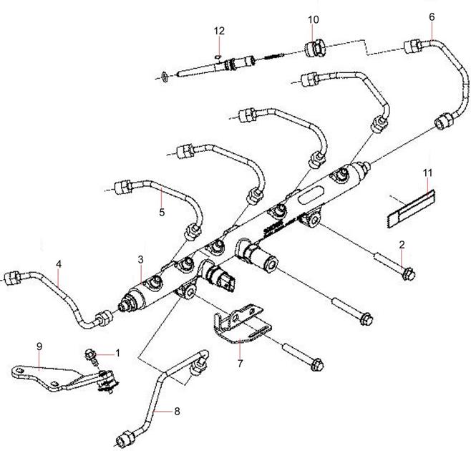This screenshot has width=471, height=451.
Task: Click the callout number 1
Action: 118,353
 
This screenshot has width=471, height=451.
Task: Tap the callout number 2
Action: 402,245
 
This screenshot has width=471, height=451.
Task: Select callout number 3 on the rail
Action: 142,258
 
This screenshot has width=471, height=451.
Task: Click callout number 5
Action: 162,212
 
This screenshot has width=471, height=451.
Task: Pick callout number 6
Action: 432,16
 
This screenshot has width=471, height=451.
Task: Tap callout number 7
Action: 240,364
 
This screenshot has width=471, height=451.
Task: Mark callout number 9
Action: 39,346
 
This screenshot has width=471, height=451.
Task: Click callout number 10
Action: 313,19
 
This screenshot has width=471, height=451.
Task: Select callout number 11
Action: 427,174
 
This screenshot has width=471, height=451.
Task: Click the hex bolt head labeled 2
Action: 408,273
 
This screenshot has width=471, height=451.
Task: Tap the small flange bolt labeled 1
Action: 92,354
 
